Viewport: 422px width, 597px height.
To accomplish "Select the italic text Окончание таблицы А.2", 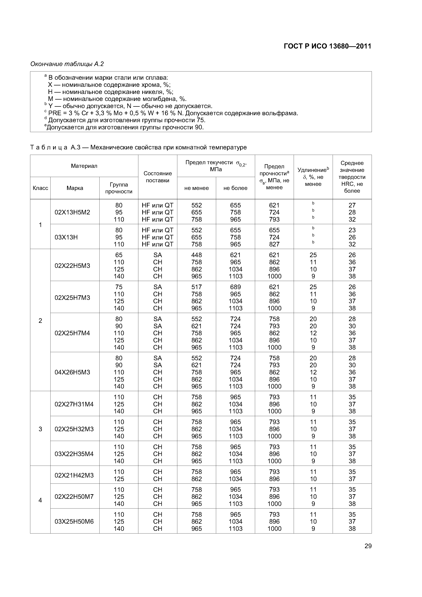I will [x=67, y=64].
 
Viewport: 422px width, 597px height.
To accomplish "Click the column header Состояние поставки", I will [x=158, y=177].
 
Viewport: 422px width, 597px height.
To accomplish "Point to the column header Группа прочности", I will [x=119, y=188].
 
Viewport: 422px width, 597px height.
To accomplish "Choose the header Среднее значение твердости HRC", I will [x=352, y=177].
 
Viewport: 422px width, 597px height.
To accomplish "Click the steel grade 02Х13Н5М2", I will [x=72, y=212].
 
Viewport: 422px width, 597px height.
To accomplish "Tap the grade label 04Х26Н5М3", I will [x=72, y=372].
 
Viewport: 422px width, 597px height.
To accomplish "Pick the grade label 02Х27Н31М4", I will [x=74, y=404].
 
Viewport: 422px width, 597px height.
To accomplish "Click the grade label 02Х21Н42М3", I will [x=74, y=475].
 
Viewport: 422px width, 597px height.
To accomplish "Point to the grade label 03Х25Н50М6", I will [x=74, y=521].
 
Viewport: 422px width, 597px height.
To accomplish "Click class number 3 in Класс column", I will [x=40, y=429].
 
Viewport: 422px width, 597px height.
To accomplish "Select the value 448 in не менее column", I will [x=197, y=255].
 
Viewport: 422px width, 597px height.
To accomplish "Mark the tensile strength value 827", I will [x=274, y=244].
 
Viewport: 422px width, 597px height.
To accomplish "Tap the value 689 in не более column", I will [x=236, y=287].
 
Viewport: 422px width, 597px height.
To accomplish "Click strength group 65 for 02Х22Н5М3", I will [x=119, y=255].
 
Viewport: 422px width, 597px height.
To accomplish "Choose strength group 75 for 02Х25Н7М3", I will [x=119, y=287].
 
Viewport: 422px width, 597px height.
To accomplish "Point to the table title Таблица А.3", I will [x=138, y=147].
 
